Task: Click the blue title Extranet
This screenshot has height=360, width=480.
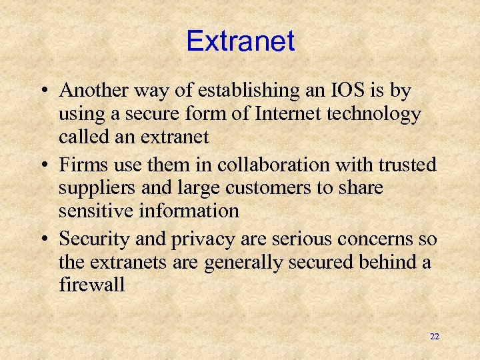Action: pos(240,41)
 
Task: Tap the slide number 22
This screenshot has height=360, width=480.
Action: pos(435,337)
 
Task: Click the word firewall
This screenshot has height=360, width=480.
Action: pos(92,285)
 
